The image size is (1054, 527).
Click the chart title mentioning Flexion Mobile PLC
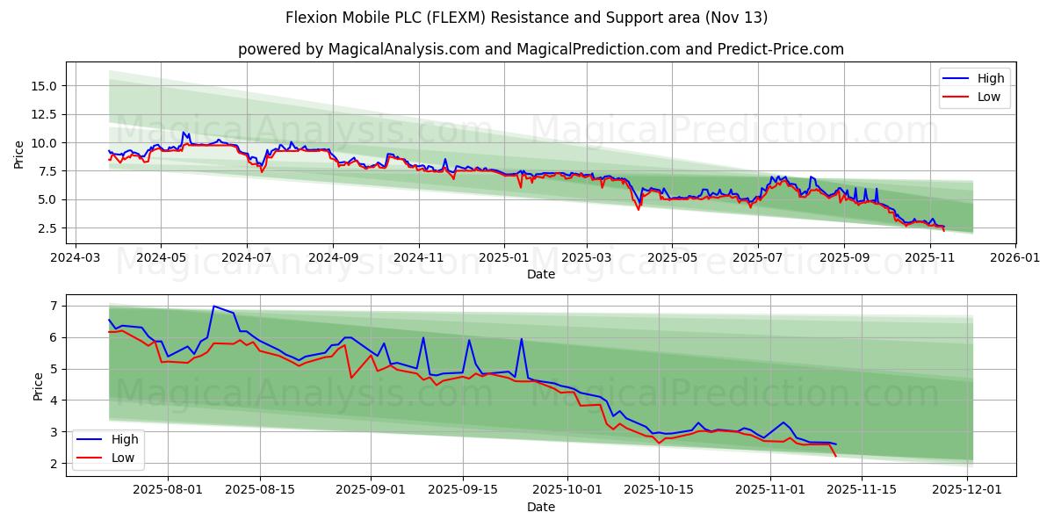click(527, 18)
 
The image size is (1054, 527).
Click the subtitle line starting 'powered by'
click(541, 49)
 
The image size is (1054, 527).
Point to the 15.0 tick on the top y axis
click(44, 86)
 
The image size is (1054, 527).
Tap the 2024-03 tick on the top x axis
click(75, 258)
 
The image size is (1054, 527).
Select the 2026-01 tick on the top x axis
click(1015, 258)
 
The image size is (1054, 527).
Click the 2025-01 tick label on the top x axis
click(504, 258)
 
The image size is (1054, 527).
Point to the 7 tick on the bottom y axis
click(53, 306)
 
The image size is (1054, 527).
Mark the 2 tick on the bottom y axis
click(53, 464)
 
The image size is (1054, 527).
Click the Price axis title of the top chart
click(19, 153)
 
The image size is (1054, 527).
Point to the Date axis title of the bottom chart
click(541, 508)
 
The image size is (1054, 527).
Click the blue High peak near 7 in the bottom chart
click(213, 307)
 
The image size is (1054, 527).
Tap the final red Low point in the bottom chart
click(835, 456)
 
